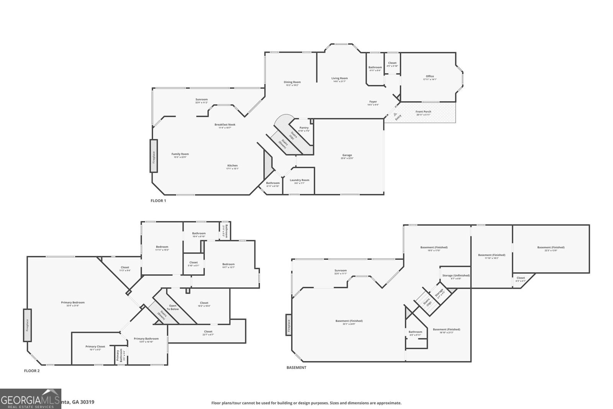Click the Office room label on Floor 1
pyautogui.click(x=429, y=76)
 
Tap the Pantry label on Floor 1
pyautogui.click(x=304, y=128)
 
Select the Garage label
pyautogui.click(x=347, y=155)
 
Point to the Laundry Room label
pyautogui.click(x=299, y=180)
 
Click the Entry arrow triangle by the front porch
pyautogui.click(x=395, y=114)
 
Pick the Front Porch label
pyautogui.click(x=423, y=112)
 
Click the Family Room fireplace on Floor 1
pyautogui.click(x=154, y=156)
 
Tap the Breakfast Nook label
pyautogui.click(x=225, y=125)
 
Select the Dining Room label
pyautogui.click(x=292, y=82)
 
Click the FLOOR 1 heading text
pyautogui.click(x=158, y=201)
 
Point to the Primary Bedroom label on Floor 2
pyautogui.click(x=73, y=302)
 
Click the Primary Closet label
pyautogui.click(x=95, y=346)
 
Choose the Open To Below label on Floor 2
pyautogui.click(x=173, y=307)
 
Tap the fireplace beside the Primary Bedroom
pyautogui.click(x=27, y=325)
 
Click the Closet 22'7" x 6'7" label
pyautogui.click(x=208, y=331)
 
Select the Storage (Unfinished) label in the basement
pyautogui.click(x=456, y=275)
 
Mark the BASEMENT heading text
pyautogui.click(x=296, y=368)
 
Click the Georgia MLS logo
pyautogui.click(x=31, y=399)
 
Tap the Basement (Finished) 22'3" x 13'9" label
pyautogui.click(x=551, y=247)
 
